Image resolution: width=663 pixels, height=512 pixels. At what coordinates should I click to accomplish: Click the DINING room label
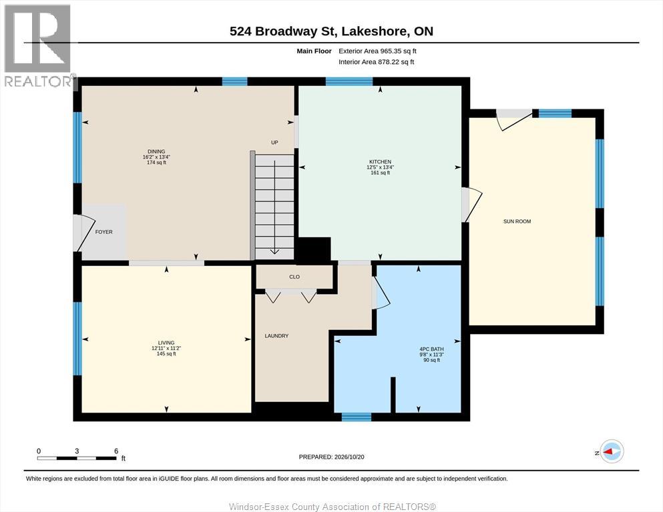[156, 151]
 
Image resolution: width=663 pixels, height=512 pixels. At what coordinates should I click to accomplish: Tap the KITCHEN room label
[380, 161]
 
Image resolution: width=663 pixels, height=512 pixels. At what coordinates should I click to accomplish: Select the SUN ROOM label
[517, 221]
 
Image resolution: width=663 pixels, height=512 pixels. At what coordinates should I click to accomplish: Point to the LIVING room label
[166, 343]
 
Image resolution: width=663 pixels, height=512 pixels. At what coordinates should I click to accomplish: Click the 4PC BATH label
[431, 349]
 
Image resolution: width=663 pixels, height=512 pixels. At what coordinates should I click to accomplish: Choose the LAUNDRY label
[276, 336]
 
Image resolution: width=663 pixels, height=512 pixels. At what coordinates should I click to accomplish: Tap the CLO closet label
[294, 277]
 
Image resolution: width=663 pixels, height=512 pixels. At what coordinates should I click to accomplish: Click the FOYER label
[103, 232]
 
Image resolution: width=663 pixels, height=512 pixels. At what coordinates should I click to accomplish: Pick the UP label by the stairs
[274, 143]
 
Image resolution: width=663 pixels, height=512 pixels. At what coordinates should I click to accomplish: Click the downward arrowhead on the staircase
[274, 251]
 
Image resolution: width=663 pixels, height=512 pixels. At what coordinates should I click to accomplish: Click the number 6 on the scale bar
[116, 451]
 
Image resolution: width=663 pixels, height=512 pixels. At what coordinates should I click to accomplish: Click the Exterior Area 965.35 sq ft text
[378, 51]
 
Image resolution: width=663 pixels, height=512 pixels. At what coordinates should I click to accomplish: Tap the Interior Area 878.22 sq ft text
[377, 62]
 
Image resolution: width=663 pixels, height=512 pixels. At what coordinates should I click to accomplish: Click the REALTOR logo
[37, 45]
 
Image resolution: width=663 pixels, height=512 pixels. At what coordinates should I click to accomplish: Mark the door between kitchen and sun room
[471, 205]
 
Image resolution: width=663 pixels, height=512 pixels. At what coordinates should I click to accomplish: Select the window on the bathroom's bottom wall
[357, 417]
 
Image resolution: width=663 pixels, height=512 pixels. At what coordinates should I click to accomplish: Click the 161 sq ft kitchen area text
[380, 173]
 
